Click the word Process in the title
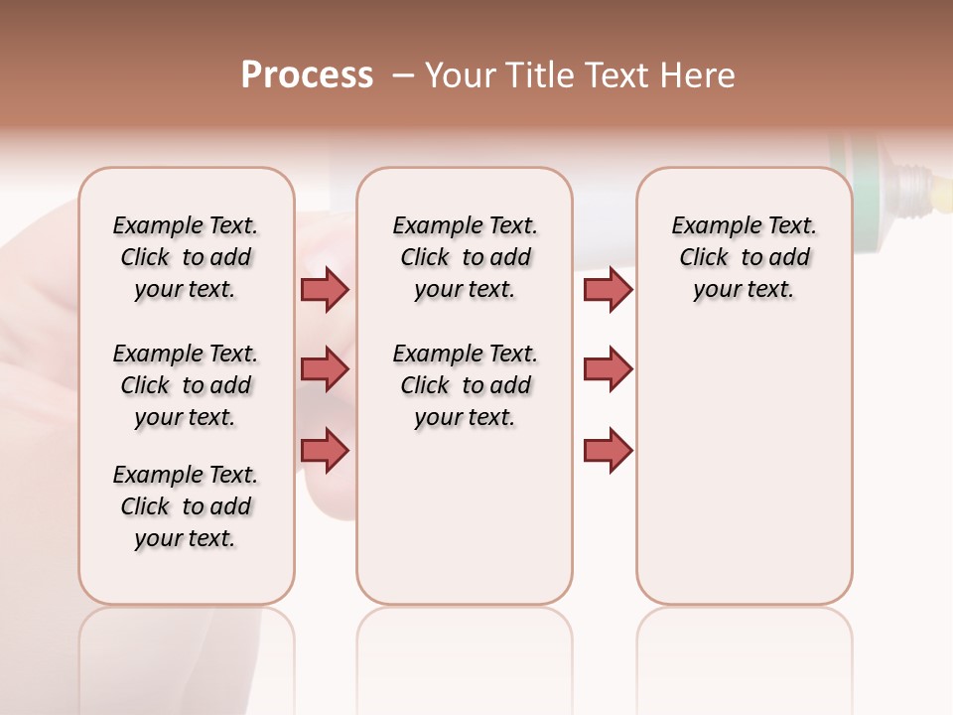pos(307,75)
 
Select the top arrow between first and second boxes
pos(325,289)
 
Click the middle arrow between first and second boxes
pos(325,369)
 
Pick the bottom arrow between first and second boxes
pos(325,450)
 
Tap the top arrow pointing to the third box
pos(608,289)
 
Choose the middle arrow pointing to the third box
pos(608,369)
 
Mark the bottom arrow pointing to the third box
pos(608,450)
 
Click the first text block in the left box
pos(186,257)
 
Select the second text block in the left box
pos(186,385)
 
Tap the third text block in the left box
pos(186,506)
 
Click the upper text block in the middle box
pos(465,257)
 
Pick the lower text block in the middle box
pos(465,385)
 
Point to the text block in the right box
pos(744,257)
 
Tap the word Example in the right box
pos(709,226)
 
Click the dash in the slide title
pos(403,75)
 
